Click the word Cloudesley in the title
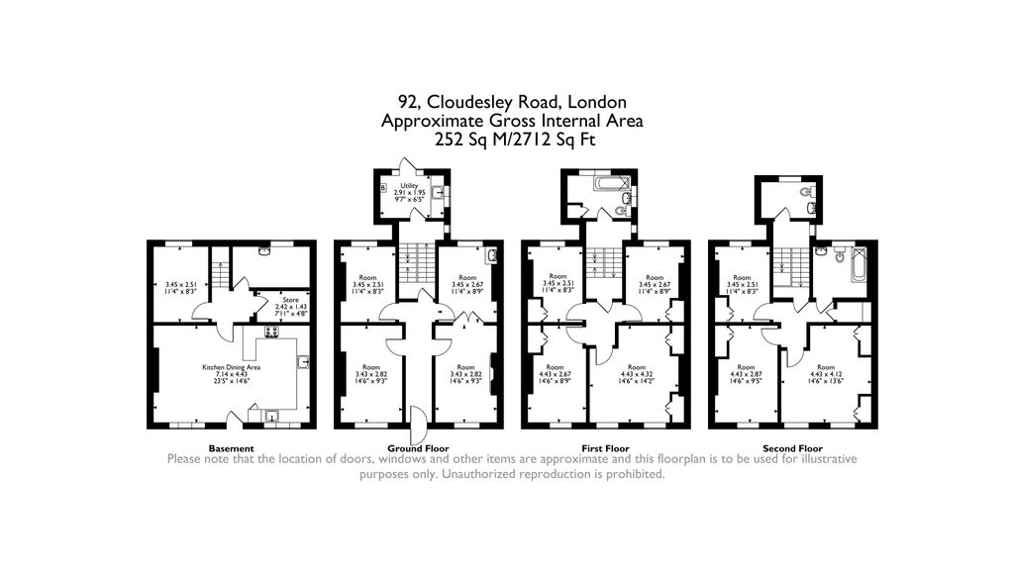pos(477,102)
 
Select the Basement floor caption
pos(231,448)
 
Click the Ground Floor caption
pos(419,448)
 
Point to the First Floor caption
pos(605,448)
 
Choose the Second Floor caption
pos(792,448)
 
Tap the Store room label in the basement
pos(289,299)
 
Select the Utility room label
pos(409,186)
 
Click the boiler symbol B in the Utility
pos(383,186)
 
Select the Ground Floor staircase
pos(414,265)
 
